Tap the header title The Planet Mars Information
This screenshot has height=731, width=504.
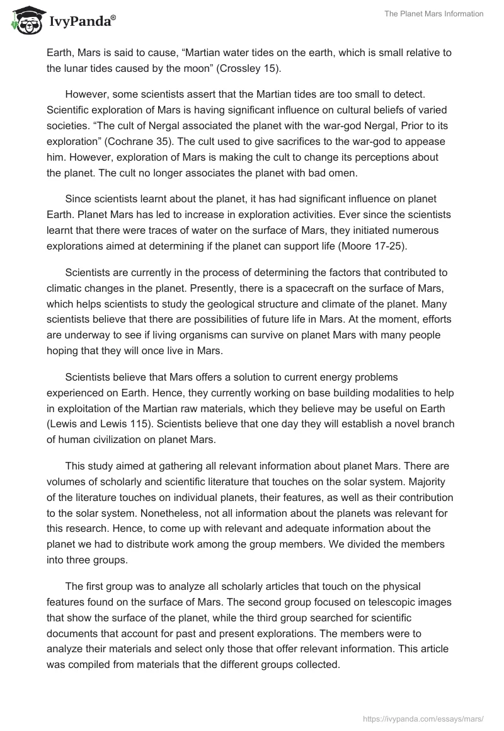[x=434, y=14]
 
